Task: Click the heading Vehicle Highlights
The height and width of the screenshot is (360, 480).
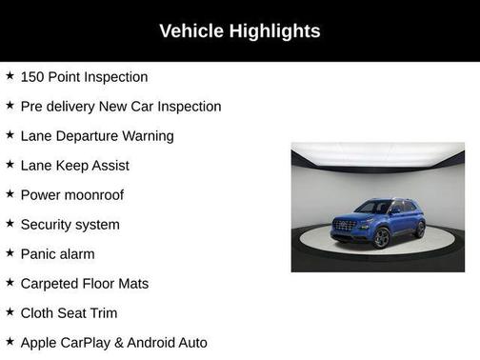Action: [239, 30]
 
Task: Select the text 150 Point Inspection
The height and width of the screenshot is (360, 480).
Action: [84, 76]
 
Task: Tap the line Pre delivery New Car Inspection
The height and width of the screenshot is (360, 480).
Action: [120, 106]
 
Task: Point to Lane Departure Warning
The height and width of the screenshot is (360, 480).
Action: [96, 135]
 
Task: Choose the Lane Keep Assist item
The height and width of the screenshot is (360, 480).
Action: [74, 165]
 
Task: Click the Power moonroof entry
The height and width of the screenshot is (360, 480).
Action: [71, 194]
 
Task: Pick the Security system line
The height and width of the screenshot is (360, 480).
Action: [70, 224]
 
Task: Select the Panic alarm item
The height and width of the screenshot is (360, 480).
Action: [57, 253]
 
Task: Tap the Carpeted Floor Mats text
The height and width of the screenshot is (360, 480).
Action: [84, 283]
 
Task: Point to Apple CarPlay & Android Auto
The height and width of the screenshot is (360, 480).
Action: [113, 342]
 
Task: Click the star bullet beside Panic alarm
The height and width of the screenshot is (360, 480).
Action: [10, 252]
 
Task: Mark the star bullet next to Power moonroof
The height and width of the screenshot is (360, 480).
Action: [10, 193]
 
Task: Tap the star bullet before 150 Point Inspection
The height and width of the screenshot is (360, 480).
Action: [10, 75]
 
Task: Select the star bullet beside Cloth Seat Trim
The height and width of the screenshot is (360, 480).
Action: [10, 311]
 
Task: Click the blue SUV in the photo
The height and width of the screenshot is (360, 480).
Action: [378, 221]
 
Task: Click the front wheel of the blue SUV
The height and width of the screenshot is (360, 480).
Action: [382, 237]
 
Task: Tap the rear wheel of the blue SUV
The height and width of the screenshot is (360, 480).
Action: [419, 229]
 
